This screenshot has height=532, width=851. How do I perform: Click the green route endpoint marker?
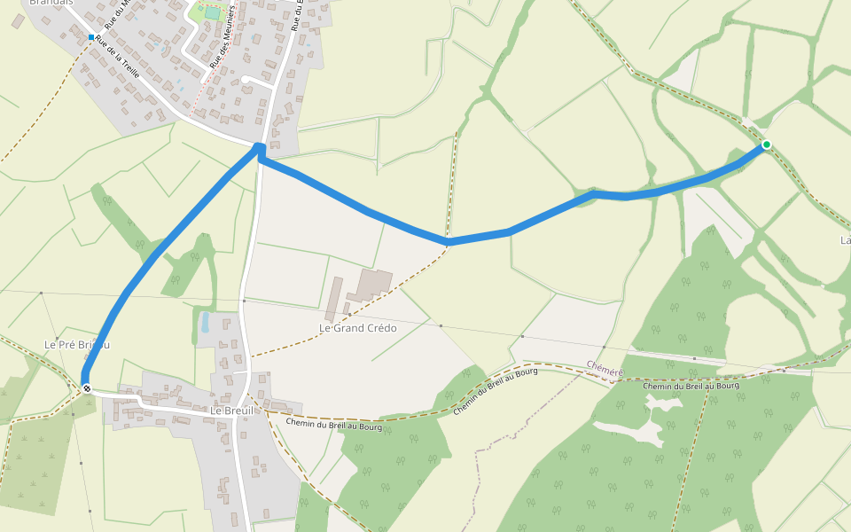coord(766,145)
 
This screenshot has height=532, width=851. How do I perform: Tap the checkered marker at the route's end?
coord(87,387)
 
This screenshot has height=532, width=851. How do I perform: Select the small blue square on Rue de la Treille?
coord(91,37)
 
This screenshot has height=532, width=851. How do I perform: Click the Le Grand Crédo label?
coord(358,328)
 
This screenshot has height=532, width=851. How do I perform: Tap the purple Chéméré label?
coord(605,366)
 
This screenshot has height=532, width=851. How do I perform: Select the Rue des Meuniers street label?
coord(222,37)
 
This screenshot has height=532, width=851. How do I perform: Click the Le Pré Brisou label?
coord(77,344)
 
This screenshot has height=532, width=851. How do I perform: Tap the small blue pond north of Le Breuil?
coord(205,321)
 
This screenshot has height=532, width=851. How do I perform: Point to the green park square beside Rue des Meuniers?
coord(211,13)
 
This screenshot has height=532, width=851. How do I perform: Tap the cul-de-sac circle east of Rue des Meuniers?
coord(245,80)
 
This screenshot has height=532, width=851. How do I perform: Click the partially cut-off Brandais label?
coord(51,3)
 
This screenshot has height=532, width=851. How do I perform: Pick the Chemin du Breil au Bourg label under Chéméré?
coord(691,386)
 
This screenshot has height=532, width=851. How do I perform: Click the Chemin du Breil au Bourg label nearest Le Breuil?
coord(334,426)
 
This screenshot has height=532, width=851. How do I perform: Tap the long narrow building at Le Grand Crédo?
coord(334,299)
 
